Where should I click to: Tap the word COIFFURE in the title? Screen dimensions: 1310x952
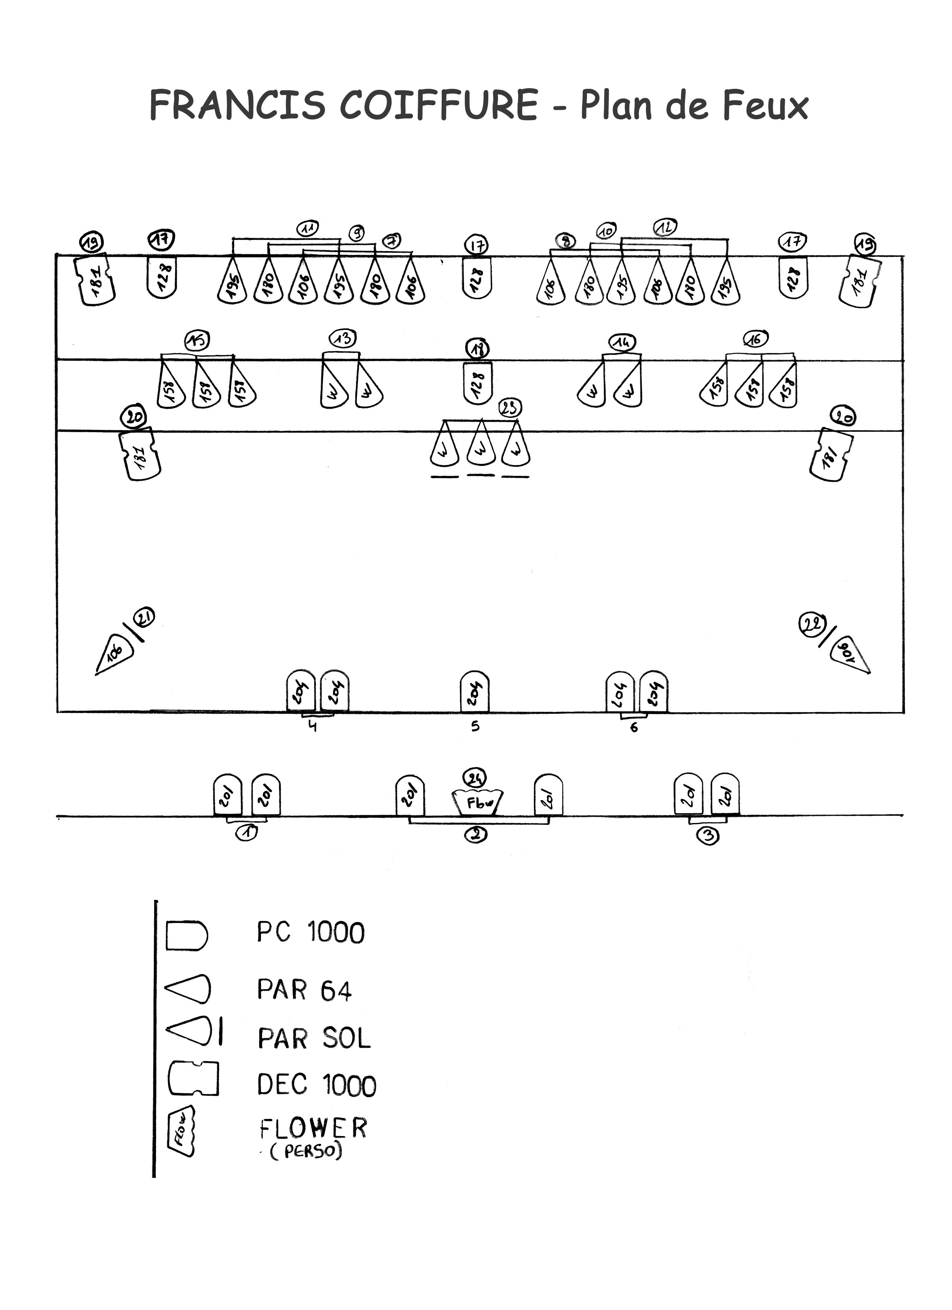(439, 105)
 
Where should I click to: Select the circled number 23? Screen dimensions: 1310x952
(510, 408)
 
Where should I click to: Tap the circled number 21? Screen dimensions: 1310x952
(144, 618)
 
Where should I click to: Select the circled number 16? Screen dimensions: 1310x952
(756, 339)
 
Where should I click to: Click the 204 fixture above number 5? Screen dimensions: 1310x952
(475, 691)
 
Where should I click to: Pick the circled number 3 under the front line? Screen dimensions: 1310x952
(707, 836)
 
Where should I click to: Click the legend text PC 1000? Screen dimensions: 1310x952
(311, 933)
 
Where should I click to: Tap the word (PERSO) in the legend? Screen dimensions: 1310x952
(306, 1151)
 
